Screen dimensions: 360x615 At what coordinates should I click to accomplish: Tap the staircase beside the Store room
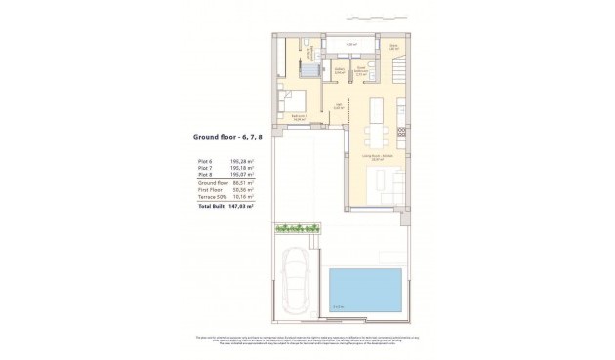398,72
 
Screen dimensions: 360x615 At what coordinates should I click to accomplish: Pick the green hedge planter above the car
297,228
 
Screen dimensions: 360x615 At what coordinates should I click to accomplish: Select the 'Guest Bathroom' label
359,71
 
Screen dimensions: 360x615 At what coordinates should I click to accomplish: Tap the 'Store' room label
393,46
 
